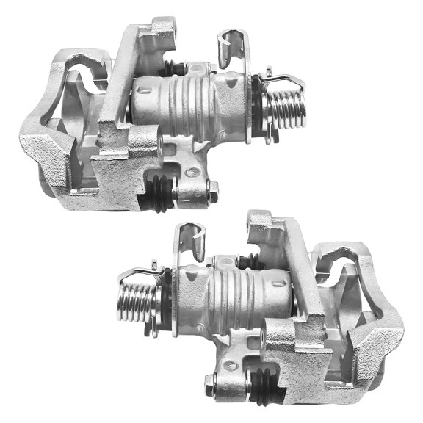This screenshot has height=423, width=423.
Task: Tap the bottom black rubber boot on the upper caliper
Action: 161,189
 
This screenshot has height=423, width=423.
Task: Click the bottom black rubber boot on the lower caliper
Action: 258,383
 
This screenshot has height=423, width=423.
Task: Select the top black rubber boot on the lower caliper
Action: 247,260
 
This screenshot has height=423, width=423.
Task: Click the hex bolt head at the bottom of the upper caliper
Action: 213,193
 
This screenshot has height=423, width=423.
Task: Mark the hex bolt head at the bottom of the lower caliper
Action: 210,380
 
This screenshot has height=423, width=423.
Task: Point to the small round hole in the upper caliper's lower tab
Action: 193,173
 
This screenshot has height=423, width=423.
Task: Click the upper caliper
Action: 147,117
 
